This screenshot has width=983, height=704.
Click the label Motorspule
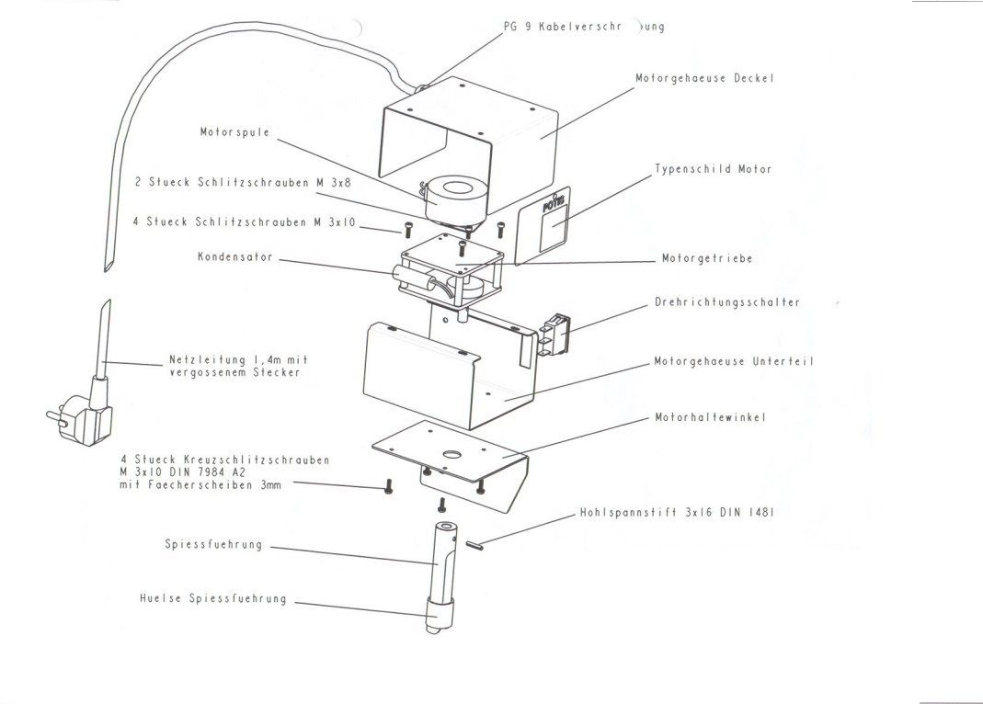click(x=235, y=132)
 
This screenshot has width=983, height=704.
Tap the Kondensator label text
click(x=234, y=257)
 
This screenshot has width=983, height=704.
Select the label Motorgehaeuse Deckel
click(x=704, y=78)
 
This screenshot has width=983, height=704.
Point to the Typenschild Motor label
click(x=714, y=169)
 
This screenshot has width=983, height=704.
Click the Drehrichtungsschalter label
click(x=727, y=302)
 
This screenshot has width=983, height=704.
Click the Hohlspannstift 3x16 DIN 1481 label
click(x=677, y=513)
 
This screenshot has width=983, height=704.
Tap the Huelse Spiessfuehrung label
click(x=213, y=599)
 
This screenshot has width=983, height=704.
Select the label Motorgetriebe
click(x=707, y=259)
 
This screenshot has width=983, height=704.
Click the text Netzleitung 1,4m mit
click(x=238, y=359)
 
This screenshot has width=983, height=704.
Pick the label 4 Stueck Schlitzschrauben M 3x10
click(x=245, y=222)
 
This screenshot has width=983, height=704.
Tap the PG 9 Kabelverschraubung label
click(x=583, y=27)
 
